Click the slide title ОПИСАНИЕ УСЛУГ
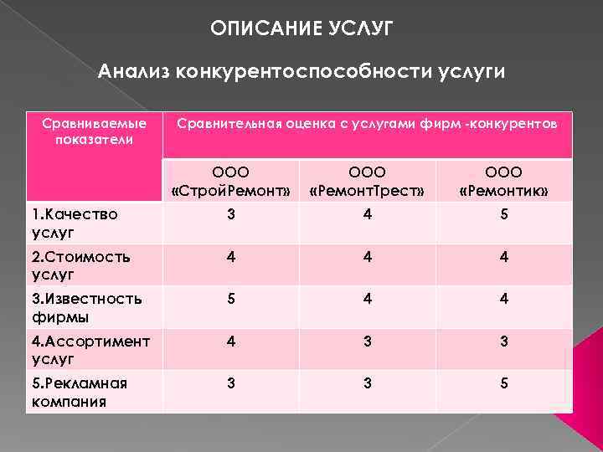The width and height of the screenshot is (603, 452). point(301,29)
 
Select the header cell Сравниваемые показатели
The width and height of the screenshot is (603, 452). point(95,131)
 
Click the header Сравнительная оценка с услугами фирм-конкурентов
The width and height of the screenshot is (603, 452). point(367,124)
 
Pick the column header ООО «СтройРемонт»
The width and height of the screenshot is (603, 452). point(230,182)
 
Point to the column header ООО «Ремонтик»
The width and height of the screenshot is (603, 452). point(504,182)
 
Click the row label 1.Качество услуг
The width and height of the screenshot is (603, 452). point(75,223)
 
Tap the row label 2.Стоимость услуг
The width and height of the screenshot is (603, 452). point(80,265)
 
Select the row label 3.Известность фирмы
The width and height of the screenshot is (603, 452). point(86,307)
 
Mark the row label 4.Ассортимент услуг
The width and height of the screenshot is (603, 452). point(90,350)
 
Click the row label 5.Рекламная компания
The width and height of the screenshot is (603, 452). point(79,392)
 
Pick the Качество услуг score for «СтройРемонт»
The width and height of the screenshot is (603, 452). point(230,215)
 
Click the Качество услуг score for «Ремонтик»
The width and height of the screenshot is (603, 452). point(504,215)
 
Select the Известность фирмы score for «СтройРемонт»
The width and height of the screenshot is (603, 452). point(230,299)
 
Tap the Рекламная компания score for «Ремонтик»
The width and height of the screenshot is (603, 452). point(504,383)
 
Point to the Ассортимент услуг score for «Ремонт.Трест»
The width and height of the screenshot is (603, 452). point(368,342)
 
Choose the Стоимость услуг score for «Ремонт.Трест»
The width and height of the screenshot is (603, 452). point(368,257)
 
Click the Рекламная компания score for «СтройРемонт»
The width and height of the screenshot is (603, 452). point(230,383)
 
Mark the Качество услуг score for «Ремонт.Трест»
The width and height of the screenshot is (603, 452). point(368,215)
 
